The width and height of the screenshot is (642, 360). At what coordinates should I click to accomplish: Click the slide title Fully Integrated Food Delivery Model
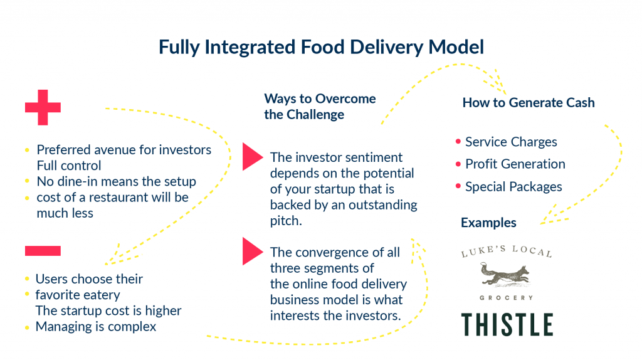321,47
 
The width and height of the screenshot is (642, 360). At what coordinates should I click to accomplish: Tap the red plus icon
43,108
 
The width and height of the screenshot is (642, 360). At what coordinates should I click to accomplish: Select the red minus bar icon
43,251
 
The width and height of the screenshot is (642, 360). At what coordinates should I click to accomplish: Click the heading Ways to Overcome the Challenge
320,107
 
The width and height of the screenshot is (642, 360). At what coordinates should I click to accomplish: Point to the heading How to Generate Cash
528,102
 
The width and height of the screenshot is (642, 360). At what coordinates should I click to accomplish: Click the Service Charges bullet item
510,142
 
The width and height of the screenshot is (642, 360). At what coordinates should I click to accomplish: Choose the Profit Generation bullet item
515,164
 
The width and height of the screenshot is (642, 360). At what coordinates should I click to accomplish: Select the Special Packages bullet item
513,187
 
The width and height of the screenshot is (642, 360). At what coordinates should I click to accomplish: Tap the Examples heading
488,223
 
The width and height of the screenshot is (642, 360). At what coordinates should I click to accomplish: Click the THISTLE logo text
507,324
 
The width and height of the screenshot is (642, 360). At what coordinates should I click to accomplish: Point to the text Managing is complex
95,326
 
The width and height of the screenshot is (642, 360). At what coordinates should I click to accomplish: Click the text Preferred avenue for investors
124,150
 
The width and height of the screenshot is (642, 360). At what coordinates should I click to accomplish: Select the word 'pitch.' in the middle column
285,221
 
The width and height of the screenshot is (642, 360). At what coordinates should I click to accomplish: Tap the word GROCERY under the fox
506,297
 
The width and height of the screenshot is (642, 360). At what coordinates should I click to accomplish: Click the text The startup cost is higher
108,310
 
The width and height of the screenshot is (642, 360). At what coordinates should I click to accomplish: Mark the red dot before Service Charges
458,142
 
